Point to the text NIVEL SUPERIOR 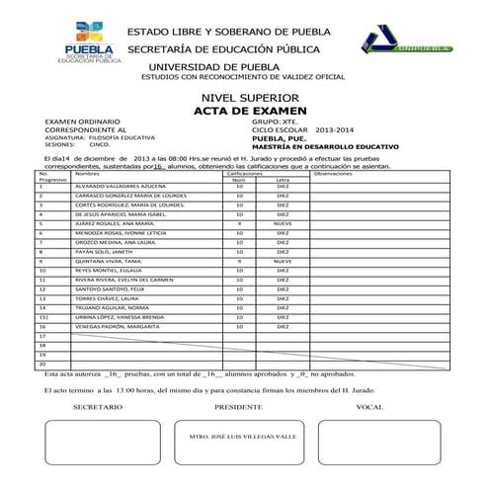241,99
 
